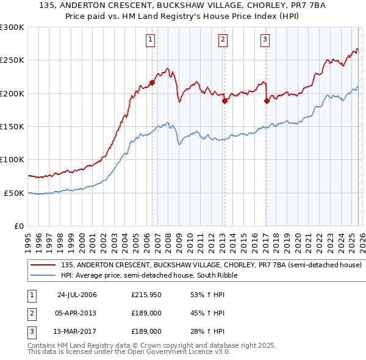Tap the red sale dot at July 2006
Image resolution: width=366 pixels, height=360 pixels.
152,83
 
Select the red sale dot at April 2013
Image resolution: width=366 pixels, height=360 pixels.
224,101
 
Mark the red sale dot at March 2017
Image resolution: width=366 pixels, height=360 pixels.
267,101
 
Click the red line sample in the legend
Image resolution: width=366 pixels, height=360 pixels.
44,265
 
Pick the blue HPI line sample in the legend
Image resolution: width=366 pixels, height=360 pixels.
44,276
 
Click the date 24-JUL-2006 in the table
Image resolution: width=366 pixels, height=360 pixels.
77,295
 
